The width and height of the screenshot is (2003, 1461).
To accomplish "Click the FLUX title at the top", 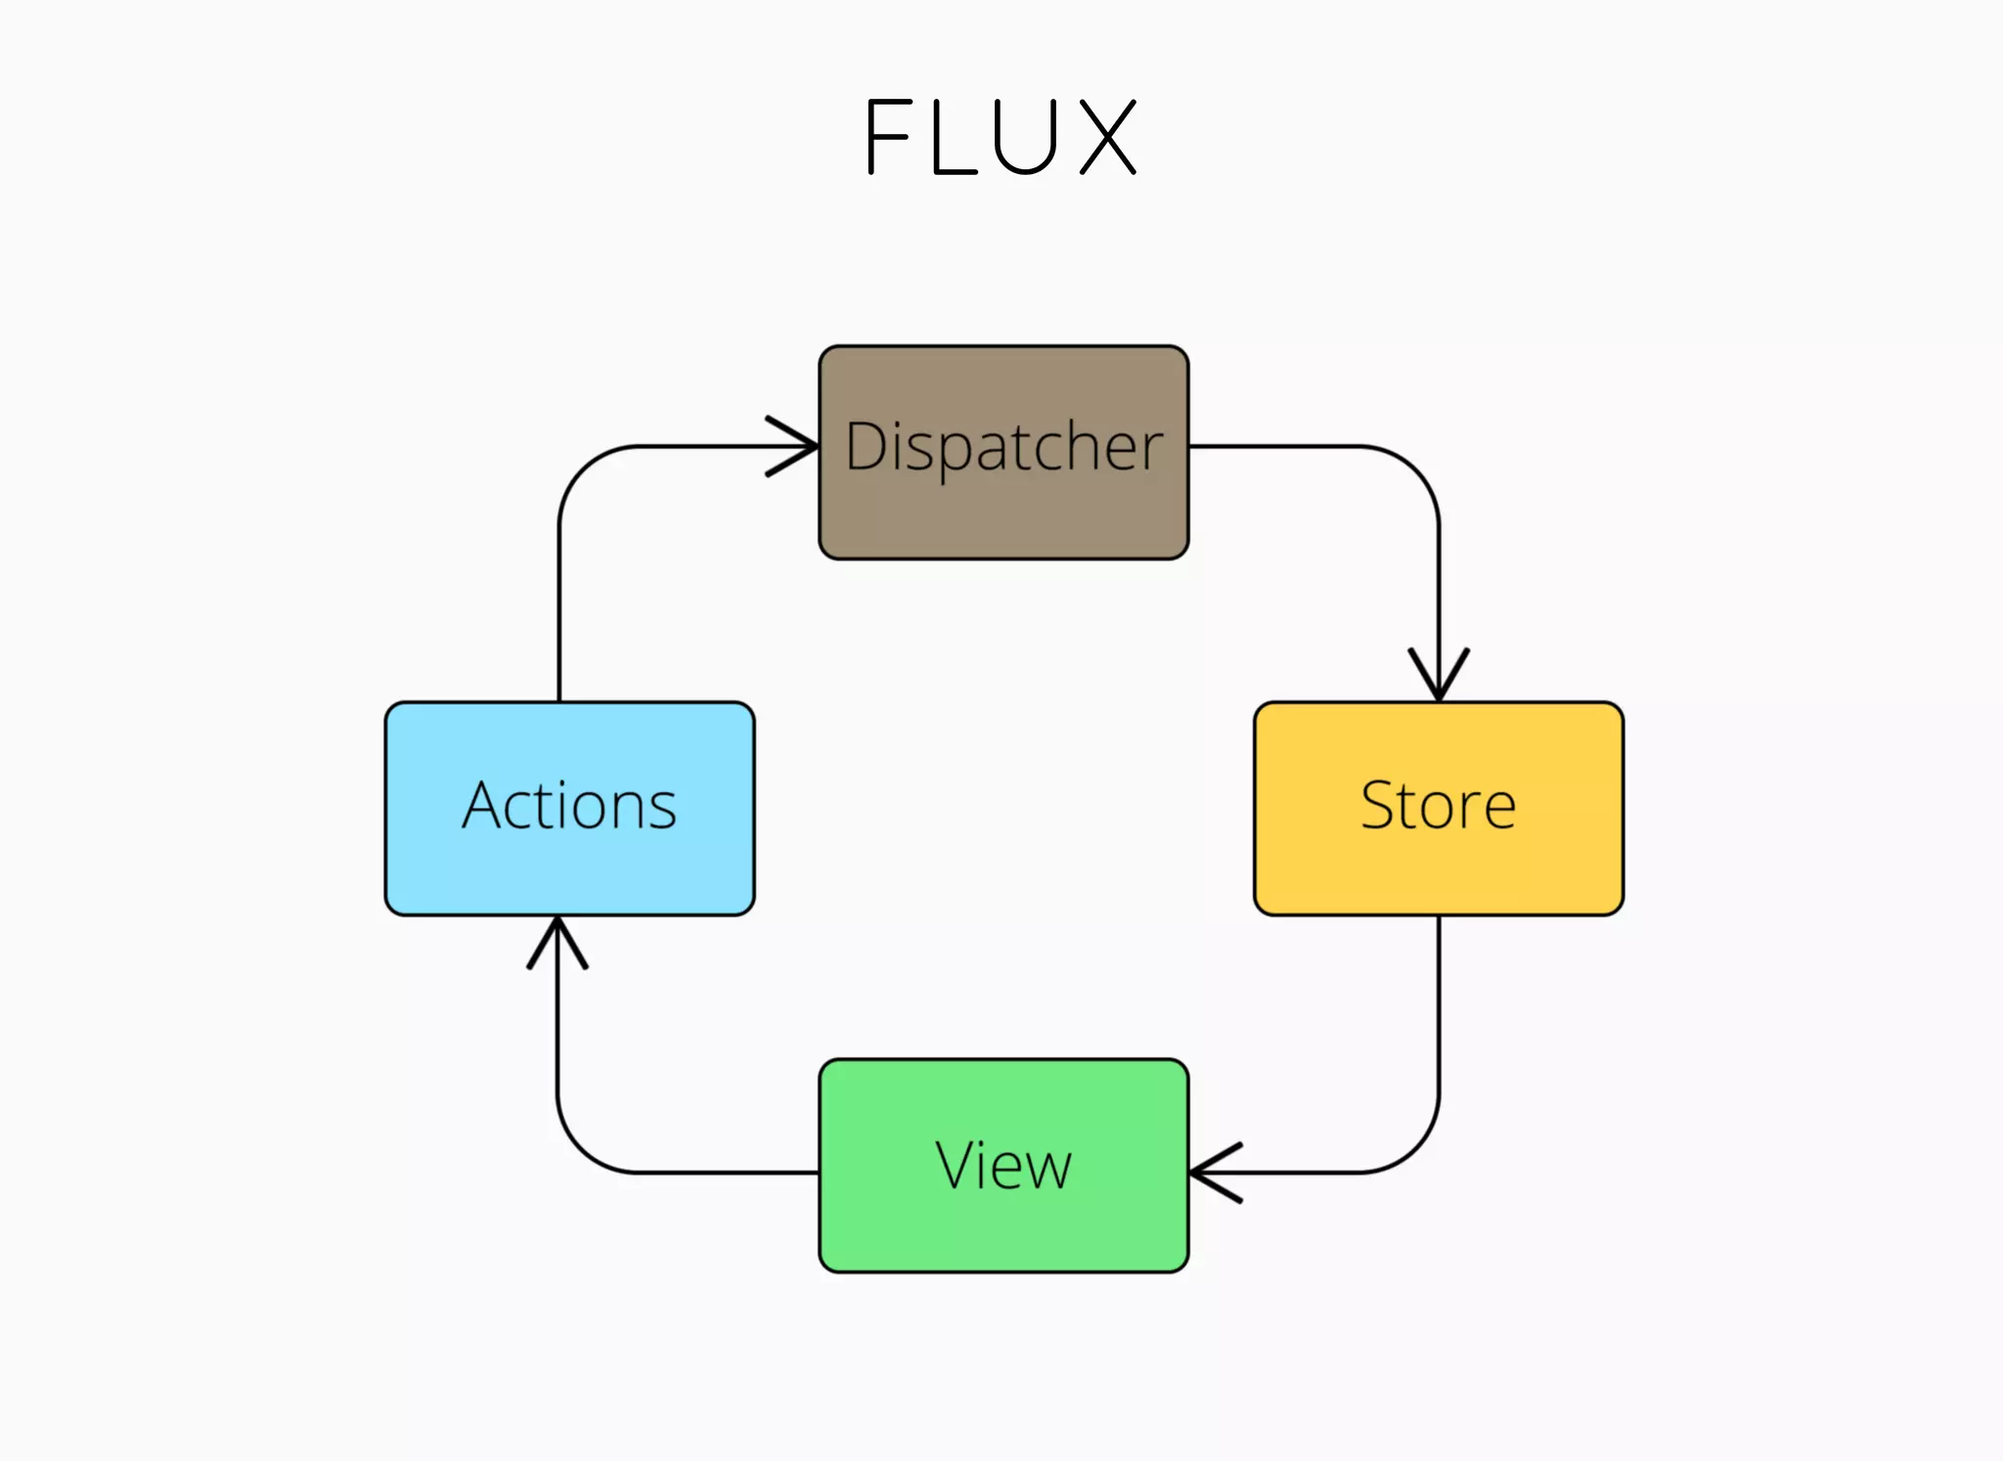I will point(1001,137).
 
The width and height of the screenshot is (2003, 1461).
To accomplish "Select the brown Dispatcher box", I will point(1003,518).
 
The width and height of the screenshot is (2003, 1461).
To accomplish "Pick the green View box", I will point(1003,1232).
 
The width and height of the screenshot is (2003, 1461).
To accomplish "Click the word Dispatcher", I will point(1003,447).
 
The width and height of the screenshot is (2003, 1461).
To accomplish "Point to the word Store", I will point(1438,806).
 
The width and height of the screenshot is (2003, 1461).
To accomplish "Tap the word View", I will point(1003,1165).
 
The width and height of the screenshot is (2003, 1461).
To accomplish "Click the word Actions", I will point(569,806).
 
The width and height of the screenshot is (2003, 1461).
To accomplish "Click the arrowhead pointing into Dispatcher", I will point(797,446).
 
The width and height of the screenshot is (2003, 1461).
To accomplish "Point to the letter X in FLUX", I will point(1109,137).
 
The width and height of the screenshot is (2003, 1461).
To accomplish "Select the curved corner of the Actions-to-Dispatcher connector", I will point(582,469).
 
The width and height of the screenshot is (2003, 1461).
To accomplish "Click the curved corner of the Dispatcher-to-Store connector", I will point(1416,469).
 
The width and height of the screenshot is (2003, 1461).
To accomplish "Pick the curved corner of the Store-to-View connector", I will point(1416,1149).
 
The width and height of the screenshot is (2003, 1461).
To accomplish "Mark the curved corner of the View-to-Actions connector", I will point(581,1149).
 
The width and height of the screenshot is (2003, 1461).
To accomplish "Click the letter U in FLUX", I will point(1025,137).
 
